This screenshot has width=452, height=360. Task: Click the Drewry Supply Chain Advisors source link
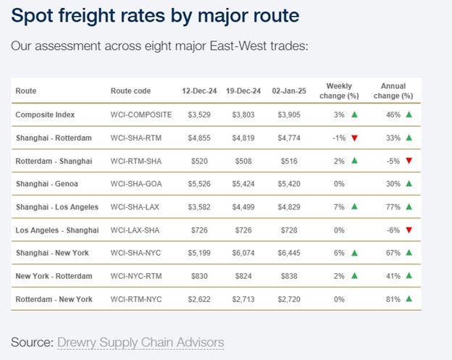141,342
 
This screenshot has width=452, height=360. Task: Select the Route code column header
131,91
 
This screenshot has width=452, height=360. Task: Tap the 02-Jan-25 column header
288,91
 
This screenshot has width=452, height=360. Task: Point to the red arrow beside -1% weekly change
354,138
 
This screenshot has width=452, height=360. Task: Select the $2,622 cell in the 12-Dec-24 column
198,298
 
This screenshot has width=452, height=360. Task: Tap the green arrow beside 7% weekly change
354,207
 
